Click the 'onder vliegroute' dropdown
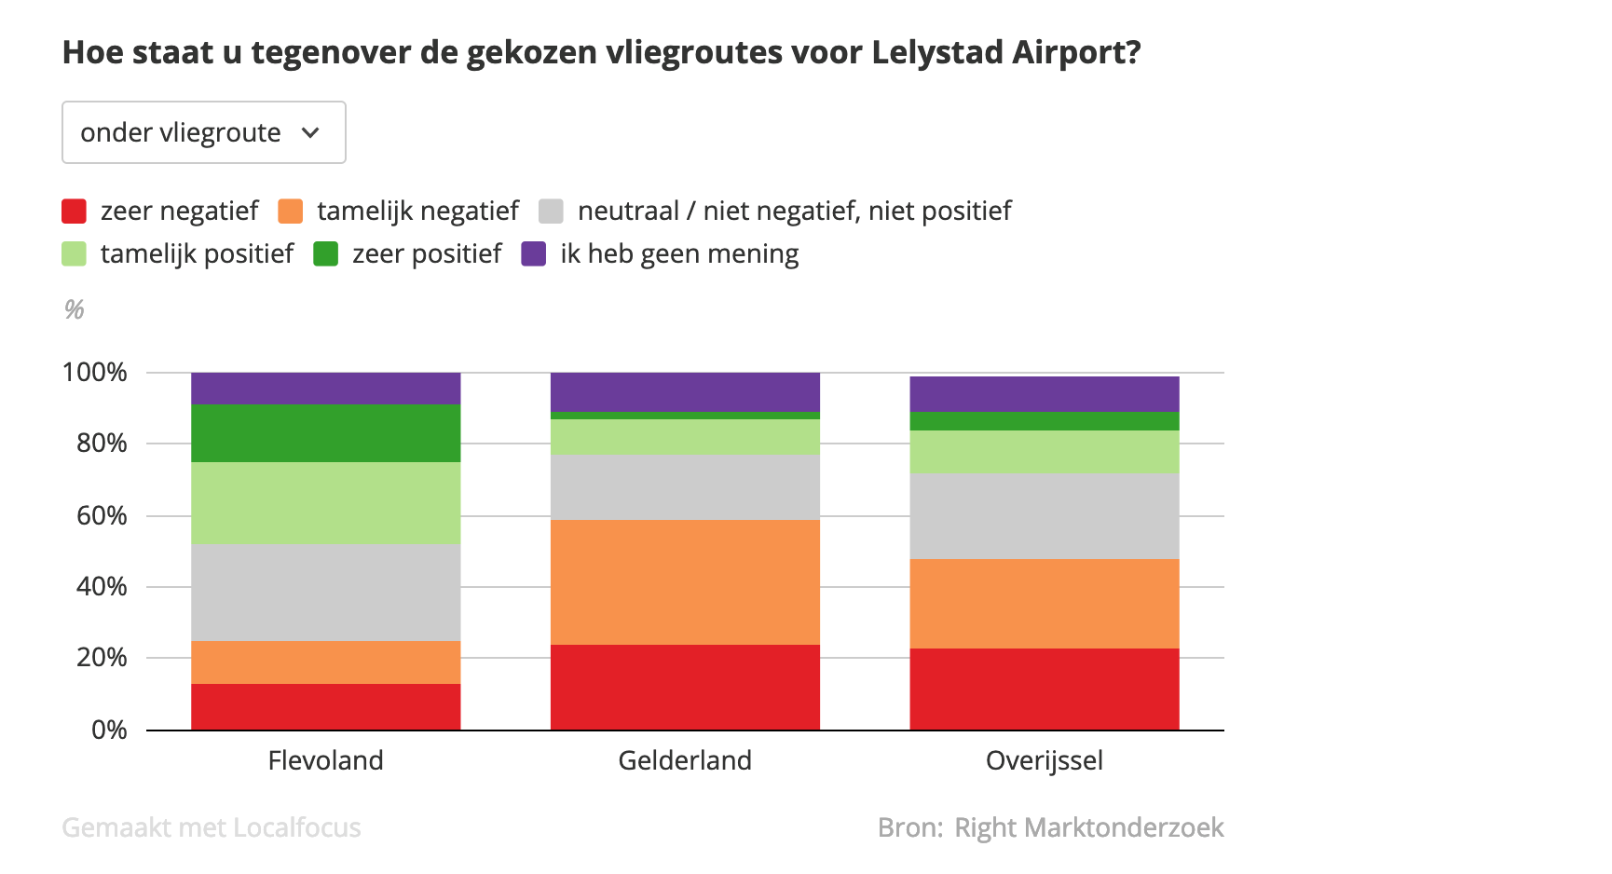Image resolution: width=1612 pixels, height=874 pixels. coord(203,132)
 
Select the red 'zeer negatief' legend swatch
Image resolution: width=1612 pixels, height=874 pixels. coord(75,212)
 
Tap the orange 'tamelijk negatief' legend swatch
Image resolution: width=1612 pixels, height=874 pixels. coord(291,212)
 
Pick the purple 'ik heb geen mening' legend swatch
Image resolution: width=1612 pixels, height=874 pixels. coord(533,253)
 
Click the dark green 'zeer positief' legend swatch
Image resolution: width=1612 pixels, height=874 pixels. coord(325,253)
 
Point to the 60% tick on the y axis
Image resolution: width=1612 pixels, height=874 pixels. coord(102,515)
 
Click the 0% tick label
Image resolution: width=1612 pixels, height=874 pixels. coord(109,730)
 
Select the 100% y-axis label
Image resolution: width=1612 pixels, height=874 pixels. coord(94,373)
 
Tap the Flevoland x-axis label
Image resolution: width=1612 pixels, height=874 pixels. coord(325,760)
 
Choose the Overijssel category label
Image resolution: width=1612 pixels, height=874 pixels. coord(1044,760)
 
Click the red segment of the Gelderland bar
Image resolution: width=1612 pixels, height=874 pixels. coord(685,687)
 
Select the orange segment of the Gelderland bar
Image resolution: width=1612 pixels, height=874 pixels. coord(685,581)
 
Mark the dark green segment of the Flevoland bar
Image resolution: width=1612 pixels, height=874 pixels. coord(325,432)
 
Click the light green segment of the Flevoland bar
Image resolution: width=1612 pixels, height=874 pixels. coord(325,502)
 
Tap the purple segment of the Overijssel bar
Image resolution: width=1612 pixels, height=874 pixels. coord(1044,393)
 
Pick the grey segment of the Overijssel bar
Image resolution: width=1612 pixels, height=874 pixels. coord(1044,515)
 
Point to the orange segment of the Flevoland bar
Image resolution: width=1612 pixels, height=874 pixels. coord(325,662)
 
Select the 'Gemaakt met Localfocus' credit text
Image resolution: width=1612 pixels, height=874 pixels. coord(212,827)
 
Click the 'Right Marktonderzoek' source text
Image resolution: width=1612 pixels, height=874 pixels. coord(1089,827)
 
